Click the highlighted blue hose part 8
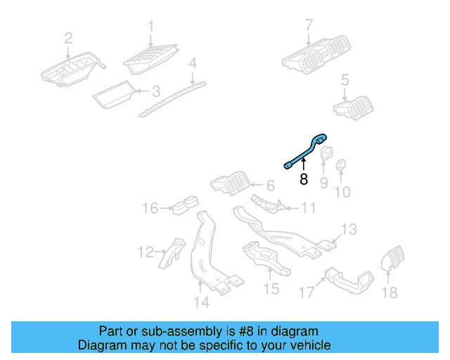coord(307,150)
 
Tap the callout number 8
coord(304,179)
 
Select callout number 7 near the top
coord(308,26)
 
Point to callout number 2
coord(68,38)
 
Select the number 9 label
coord(324,183)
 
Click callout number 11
coord(309,208)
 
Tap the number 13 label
coord(349,229)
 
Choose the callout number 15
coord(271,289)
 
